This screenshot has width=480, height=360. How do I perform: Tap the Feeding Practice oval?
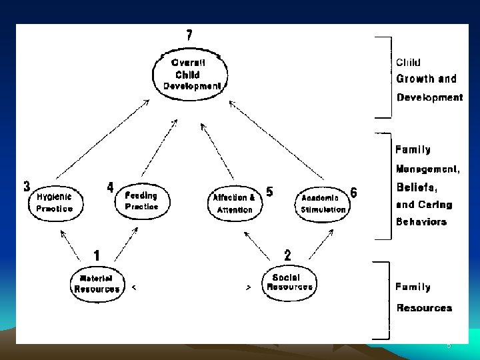pos(141,201)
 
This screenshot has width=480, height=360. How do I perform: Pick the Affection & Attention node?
pos(234,203)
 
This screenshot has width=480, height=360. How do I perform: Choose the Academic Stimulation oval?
pos(323,203)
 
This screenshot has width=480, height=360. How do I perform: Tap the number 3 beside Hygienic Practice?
pos(27,186)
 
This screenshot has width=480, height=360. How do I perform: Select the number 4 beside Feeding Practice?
pos(110,187)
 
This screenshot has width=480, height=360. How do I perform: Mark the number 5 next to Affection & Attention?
pos(269,191)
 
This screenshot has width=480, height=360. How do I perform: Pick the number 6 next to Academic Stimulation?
pos(353,193)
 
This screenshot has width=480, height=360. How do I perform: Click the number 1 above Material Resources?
pos(97,255)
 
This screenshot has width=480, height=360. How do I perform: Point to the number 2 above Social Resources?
pos(287,255)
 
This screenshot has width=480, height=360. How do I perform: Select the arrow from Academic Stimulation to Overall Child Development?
pos(277,140)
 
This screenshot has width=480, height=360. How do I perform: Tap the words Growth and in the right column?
pos(427,79)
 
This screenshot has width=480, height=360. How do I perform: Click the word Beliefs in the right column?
pos(417,187)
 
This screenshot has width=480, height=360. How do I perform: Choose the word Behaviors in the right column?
pos(421,221)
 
